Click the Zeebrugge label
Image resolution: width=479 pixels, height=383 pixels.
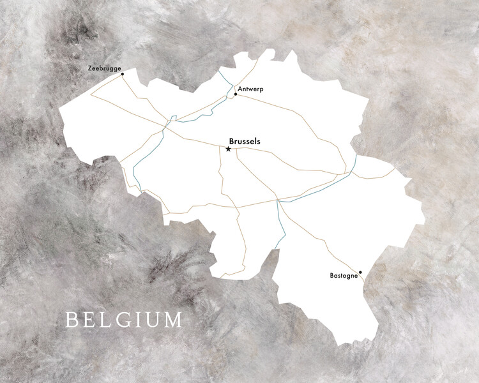104,68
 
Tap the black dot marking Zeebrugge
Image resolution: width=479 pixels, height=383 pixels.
122,74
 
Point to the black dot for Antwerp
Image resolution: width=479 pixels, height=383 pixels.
236,94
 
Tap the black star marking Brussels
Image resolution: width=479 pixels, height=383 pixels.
228,149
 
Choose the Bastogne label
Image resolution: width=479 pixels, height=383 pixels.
343,276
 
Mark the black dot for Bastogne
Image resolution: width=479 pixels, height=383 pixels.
361,273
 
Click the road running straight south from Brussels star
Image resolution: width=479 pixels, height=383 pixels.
220,176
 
